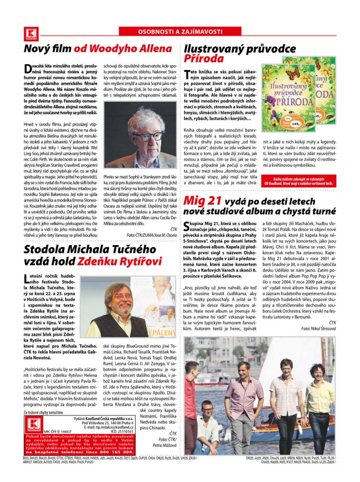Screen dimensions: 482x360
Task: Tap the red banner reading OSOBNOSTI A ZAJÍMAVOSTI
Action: tap(180, 31)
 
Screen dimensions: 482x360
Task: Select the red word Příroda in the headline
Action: tap(204, 59)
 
